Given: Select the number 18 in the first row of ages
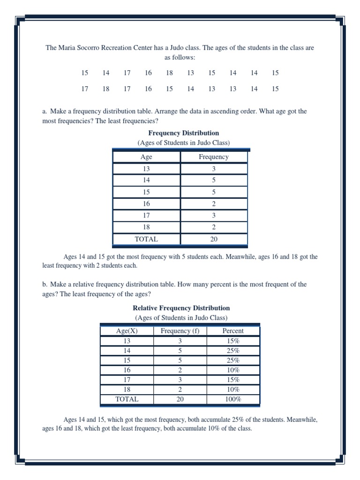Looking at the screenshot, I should pyautogui.click(x=169, y=73).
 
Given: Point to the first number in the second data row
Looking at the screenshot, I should pyautogui.click(x=84, y=89).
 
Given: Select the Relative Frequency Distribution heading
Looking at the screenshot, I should pyautogui.click(x=181, y=308).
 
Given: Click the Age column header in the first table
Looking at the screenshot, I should pyautogui.click(x=146, y=157).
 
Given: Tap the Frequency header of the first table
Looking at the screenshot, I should pyautogui.click(x=214, y=157).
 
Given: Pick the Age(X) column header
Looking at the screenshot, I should pyautogui.click(x=127, y=330).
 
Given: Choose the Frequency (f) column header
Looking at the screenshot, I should pyautogui.click(x=180, y=330).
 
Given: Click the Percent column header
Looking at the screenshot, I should pyautogui.click(x=233, y=330).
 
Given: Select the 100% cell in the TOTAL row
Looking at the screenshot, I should pyautogui.click(x=233, y=399).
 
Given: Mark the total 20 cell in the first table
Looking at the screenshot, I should pyautogui.click(x=214, y=239).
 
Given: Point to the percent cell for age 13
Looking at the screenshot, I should pyautogui.click(x=233, y=341).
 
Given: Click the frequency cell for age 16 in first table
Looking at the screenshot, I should pyautogui.click(x=214, y=204).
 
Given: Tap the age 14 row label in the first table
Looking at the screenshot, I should pyautogui.click(x=146, y=180).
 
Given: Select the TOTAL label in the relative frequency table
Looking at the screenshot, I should pyautogui.click(x=127, y=399).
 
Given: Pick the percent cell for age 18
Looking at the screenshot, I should pyautogui.click(x=233, y=390).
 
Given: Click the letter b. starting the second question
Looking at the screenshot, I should pyautogui.click(x=45, y=285).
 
